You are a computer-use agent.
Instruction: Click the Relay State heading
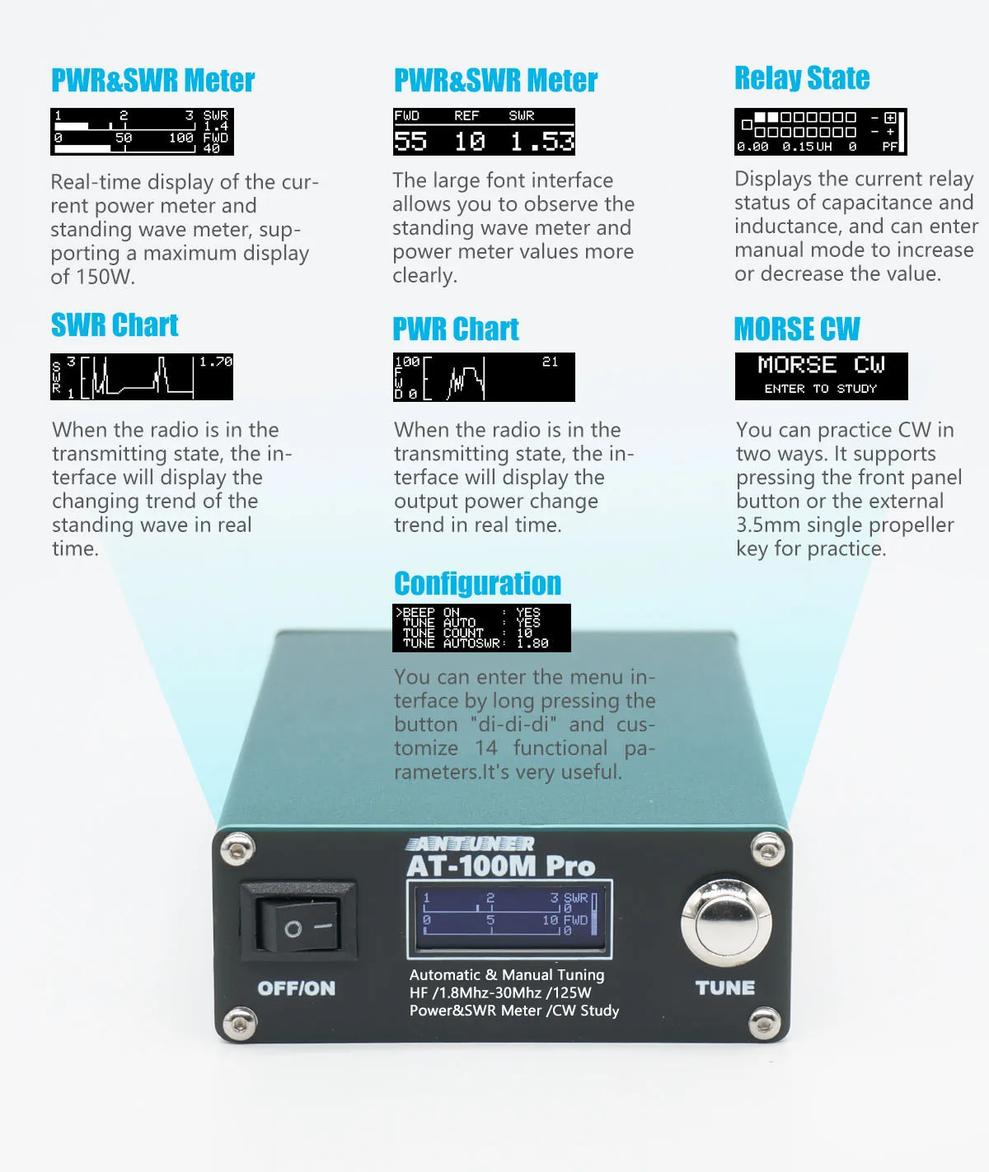pos(802,78)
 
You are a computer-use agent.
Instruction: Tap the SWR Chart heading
pos(115,325)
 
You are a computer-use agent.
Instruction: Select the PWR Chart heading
pos(456,329)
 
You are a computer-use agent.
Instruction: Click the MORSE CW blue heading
pos(797,329)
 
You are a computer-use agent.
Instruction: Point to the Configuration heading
pos(477,583)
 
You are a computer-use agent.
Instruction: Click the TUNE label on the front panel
pos(725,988)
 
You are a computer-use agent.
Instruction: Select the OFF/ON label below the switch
pos(297,988)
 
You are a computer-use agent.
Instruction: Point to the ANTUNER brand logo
pos(470,844)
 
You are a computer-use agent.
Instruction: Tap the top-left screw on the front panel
pos(237,844)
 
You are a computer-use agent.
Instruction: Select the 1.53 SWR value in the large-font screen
pos(541,142)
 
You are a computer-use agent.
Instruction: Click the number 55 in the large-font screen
pos(410,142)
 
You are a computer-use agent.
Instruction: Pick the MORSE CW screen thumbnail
pos(821,376)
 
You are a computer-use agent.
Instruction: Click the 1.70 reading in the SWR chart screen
pos(216,362)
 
